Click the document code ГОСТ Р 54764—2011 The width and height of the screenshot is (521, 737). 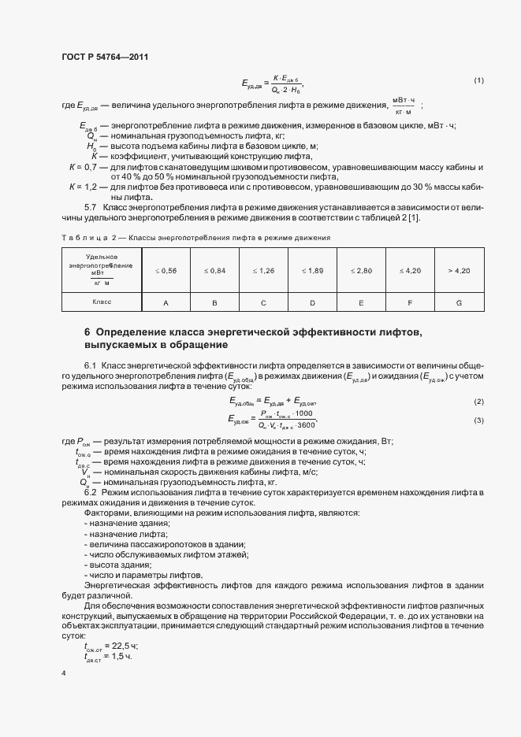pos(104,57)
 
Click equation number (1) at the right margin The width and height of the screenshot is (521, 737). pos(478,80)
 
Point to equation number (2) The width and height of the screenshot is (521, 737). pos(478,402)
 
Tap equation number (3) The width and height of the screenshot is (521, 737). pos(478,420)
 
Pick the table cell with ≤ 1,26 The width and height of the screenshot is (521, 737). pos(264,271)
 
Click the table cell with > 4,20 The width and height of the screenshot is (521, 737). pos(459,271)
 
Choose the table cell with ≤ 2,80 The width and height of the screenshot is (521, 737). pos(362,271)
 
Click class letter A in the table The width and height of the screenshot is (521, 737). pos(166,302)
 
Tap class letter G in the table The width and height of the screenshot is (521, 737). pos(459,302)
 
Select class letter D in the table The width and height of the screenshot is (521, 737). pos(313,302)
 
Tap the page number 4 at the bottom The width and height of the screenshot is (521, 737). pos(63,674)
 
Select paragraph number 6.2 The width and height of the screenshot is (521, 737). pos(91,492)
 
